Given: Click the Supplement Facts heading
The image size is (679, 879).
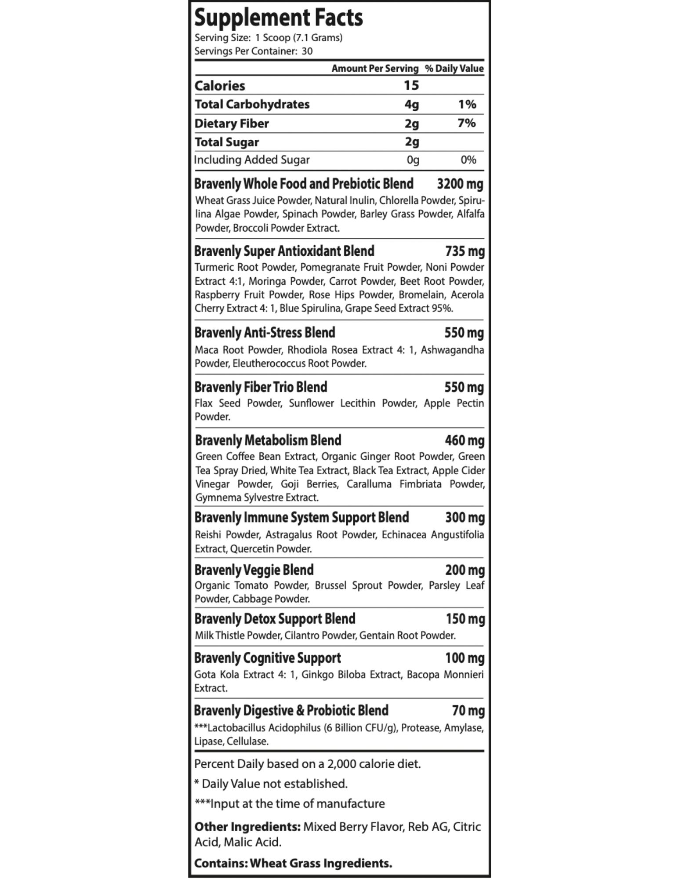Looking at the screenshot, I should point(279,18).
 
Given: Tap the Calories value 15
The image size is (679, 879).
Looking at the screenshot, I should point(411,85).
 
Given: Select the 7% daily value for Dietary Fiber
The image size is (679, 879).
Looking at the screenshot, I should point(466,123).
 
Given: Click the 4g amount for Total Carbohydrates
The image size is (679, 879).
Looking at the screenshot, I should point(411,105).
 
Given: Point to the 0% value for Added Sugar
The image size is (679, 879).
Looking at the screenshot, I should point(468,160).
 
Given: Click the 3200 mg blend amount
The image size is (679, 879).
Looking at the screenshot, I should point(460,184).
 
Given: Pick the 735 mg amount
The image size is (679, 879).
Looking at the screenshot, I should point(465,251).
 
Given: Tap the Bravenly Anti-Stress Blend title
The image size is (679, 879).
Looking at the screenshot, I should point(265,333).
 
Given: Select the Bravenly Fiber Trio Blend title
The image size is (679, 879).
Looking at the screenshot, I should point(261,387).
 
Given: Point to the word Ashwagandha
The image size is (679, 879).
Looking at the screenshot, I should point(452,350).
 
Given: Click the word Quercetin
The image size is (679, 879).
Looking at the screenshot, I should point(250,549).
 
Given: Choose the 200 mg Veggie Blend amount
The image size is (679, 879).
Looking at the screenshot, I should point(465,570).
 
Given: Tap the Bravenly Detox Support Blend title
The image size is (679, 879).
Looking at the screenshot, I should point(275,619).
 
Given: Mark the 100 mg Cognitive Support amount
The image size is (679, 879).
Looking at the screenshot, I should point(465,658).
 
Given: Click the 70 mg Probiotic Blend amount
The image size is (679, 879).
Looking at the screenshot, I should point(468,711).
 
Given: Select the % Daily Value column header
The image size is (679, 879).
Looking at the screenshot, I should point(454,69).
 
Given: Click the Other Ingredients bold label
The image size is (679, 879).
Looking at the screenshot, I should point(247,827).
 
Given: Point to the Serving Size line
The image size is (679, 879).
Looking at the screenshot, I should point(268,38).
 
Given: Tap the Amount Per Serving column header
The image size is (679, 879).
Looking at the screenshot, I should point(374,69).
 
